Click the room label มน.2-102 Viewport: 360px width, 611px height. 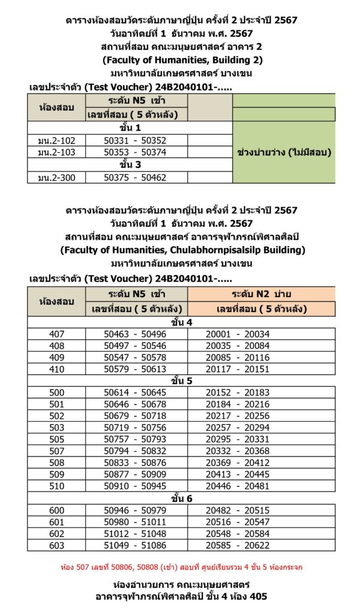click(57, 141)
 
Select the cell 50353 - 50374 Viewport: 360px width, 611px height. click(135, 152)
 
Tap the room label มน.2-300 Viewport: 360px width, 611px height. click(57, 177)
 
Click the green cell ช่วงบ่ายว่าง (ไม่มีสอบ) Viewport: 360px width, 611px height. click(284, 152)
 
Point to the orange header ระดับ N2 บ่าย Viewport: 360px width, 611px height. click(261, 294)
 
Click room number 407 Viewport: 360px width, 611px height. click(57, 334)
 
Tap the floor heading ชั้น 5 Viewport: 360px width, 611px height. click(181, 379)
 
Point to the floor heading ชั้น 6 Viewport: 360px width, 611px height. click(181, 499)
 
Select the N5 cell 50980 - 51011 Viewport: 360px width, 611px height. click(135, 521)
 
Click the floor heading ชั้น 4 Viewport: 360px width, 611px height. click(181, 322)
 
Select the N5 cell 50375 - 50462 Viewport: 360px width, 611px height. click(135, 177)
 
